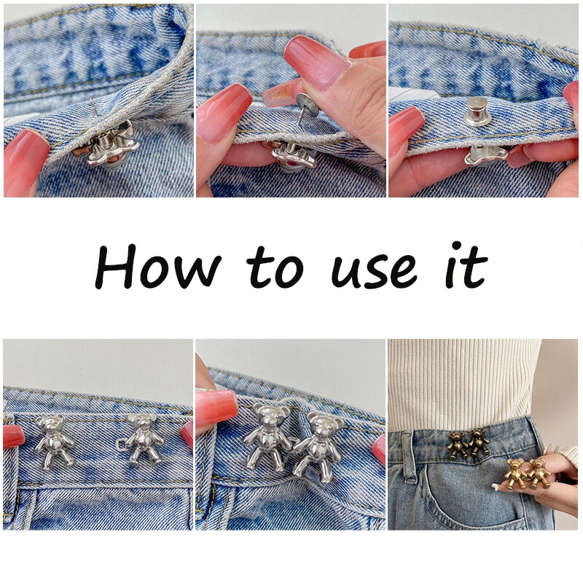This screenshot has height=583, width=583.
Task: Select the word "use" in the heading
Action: pos(375,272)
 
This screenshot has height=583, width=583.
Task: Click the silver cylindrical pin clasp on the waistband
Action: pos(477,111)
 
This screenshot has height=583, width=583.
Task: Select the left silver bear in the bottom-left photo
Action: pos(54,442)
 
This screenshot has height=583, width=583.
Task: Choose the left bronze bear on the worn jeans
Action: pos(458,445)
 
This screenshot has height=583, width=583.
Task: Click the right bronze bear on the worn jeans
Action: pos(479,442)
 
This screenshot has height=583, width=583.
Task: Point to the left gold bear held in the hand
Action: pos(515,473)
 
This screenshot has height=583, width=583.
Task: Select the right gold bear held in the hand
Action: pos(539,473)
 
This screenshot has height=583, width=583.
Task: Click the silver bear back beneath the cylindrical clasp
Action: pos(485,154)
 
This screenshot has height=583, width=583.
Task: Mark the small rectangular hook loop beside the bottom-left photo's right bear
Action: pos(122,445)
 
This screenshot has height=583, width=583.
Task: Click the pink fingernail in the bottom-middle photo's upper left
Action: pos(216,408)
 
